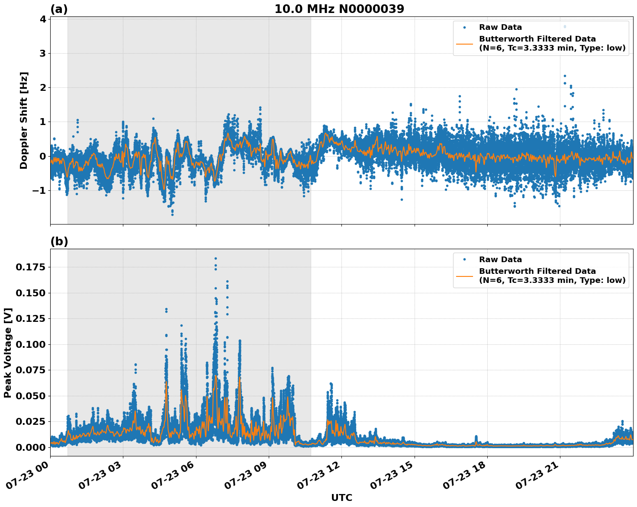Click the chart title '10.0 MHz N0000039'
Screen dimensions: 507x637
coord(339,9)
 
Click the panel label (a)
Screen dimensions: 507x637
coord(59,9)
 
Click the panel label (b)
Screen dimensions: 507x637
coord(59,241)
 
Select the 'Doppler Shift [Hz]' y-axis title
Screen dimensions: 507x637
coord(24,120)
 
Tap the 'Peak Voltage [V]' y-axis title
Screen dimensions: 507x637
coord(8,353)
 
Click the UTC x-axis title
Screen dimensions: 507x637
coord(341,497)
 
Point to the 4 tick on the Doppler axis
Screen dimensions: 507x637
coord(43,19)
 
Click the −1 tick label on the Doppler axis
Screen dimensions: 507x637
coord(39,191)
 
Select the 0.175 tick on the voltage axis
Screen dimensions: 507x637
coord(30,267)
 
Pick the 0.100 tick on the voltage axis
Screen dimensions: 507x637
coord(30,344)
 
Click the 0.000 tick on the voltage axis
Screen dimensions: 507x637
coord(30,447)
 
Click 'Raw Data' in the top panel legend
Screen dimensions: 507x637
coord(500,27)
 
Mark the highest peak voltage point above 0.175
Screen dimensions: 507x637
coord(216,258)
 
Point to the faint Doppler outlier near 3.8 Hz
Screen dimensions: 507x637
coord(564,26)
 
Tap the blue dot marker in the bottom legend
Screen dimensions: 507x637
coord(464,260)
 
